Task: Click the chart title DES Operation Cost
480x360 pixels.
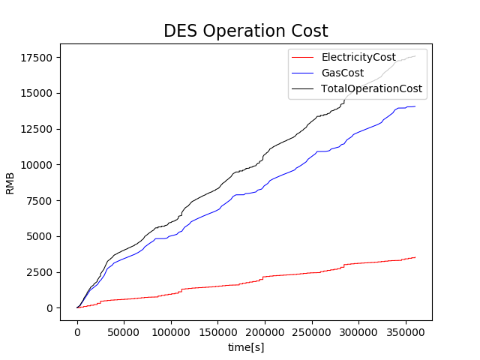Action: click(246, 31)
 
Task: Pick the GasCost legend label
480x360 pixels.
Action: click(343, 73)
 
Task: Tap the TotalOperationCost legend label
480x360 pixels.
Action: click(372, 88)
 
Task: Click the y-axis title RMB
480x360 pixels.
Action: click(10, 182)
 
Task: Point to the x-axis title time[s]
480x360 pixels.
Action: click(246, 347)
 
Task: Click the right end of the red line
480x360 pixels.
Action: click(415, 257)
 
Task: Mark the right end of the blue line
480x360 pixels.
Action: click(415, 106)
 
